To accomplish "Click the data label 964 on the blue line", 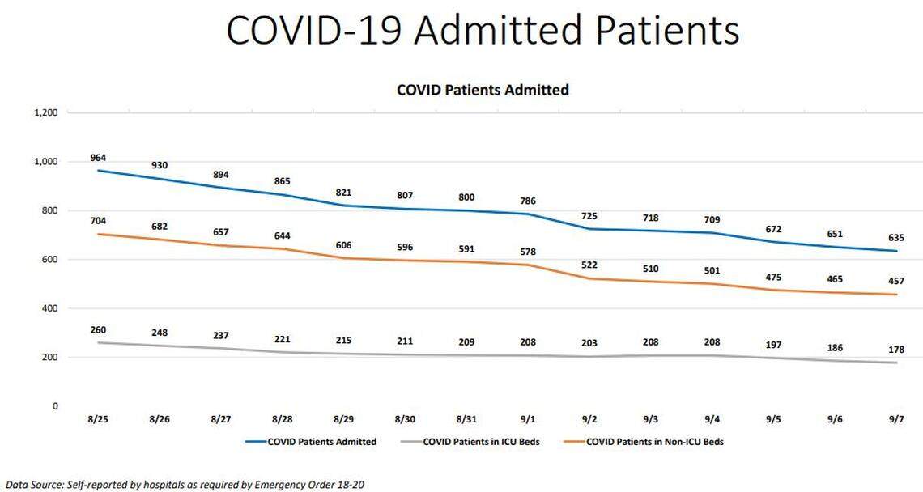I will pyautogui.click(x=99, y=158).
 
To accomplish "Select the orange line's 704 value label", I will pyautogui.click(x=99, y=219).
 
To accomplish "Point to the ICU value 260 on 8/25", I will pyautogui.click(x=99, y=330).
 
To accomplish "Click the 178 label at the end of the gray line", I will pyautogui.click(x=895, y=350).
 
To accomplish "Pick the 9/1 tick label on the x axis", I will pyautogui.click(x=528, y=420).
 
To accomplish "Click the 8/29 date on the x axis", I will pyautogui.click(x=344, y=420).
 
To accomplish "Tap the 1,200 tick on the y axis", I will pyautogui.click(x=46, y=113).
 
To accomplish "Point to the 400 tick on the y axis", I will pyautogui.click(x=50, y=308).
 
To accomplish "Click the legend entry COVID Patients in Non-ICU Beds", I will pyautogui.click(x=653, y=442).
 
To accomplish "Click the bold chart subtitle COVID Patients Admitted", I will pyautogui.click(x=483, y=90).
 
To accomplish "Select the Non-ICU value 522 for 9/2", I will pyautogui.click(x=589, y=266).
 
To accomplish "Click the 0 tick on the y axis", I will pyautogui.click(x=55, y=406).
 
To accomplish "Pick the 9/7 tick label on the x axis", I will pyautogui.click(x=895, y=420).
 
